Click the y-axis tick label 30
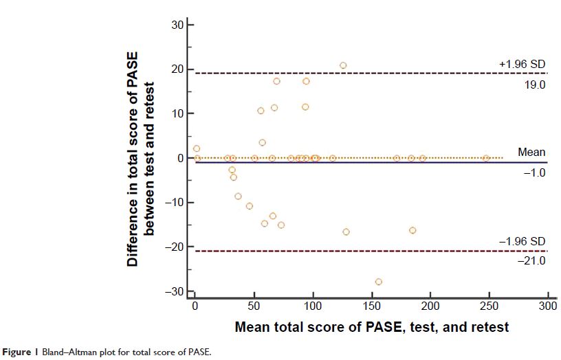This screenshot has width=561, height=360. [x=177, y=25]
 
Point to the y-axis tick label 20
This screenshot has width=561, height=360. [x=177, y=69]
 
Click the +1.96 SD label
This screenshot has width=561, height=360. [x=522, y=64]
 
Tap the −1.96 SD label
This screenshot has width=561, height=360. [x=522, y=241]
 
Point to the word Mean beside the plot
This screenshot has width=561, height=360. [x=531, y=153]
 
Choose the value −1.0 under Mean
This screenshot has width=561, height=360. [x=534, y=173]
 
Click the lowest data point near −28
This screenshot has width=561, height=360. [x=379, y=282]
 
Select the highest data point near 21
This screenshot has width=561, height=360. [x=343, y=65]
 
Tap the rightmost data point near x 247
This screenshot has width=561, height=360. [x=486, y=158]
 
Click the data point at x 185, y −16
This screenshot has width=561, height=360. [x=412, y=230]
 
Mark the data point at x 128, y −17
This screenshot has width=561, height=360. [x=346, y=232]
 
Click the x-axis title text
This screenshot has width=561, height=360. [x=372, y=327]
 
